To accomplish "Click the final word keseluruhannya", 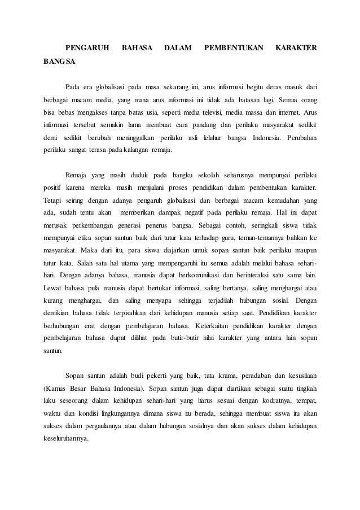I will point(66,440).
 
